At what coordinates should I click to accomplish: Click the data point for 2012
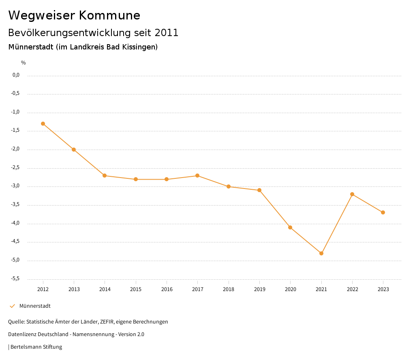point(43,124)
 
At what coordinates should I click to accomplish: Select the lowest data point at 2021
point(321,253)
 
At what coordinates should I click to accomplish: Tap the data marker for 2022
point(352,194)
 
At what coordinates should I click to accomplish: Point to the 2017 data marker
point(197,176)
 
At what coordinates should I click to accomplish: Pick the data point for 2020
point(290,227)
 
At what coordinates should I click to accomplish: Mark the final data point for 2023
point(383,212)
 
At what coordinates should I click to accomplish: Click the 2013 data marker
point(74,150)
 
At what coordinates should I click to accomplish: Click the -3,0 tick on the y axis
point(16,186)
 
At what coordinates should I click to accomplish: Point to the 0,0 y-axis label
point(16,75)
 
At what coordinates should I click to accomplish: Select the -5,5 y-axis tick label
point(16,279)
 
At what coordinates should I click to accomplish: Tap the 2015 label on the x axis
point(136,289)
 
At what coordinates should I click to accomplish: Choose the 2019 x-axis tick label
point(259,289)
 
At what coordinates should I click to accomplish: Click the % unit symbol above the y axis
point(24,63)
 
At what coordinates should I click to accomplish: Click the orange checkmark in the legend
point(12,306)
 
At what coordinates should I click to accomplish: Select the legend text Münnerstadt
point(35,306)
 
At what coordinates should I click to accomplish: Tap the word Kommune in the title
point(109,15)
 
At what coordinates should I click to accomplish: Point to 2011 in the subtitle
point(167,33)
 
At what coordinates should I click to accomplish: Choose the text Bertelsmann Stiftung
point(36,347)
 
